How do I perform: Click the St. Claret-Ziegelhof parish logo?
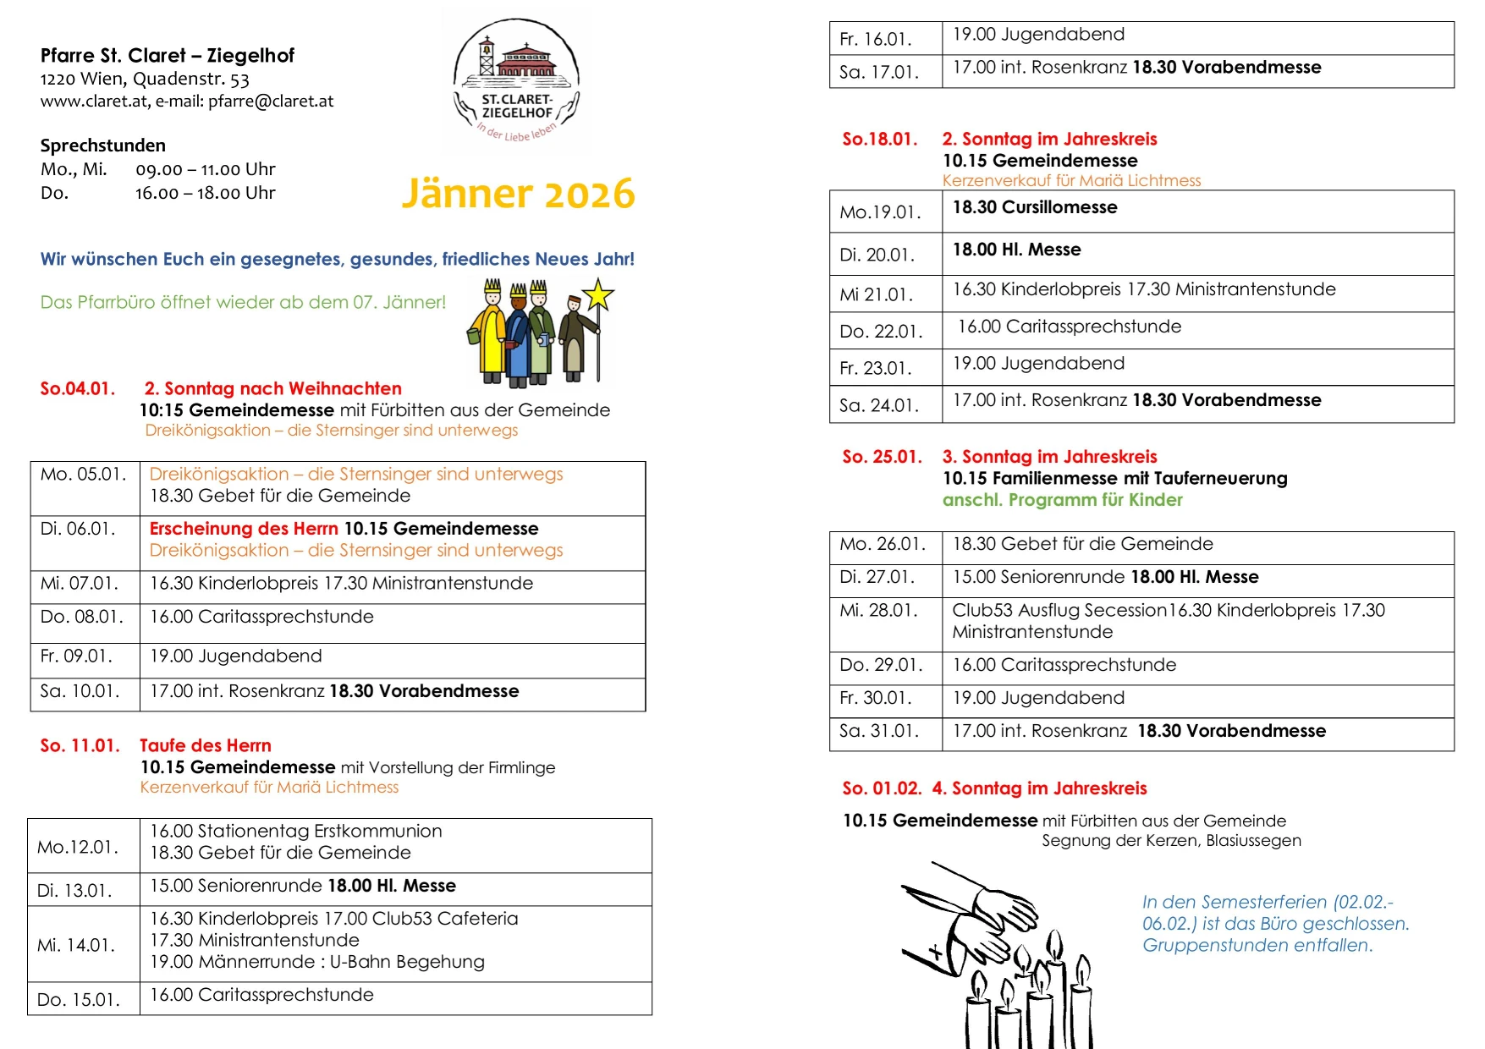(516, 80)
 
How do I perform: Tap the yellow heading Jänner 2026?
(518, 194)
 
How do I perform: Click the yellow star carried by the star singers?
(598, 294)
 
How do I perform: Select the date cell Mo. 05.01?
(84, 475)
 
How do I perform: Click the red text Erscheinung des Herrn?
(244, 529)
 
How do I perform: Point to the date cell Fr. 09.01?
(76, 656)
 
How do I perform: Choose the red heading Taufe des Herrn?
(206, 746)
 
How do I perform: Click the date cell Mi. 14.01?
(76, 945)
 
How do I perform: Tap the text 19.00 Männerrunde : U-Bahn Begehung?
(317, 963)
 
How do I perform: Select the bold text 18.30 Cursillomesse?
(1035, 208)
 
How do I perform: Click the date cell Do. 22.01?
(881, 332)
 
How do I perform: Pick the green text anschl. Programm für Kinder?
(1062, 500)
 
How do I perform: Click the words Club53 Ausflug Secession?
(1059, 611)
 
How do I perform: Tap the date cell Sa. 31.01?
(879, 731)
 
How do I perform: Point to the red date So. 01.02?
(881, 788)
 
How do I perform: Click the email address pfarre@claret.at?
(271, 102)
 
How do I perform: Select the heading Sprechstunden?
(103, 146)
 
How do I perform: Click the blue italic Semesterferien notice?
(1275, 924)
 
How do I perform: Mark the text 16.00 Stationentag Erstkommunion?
(296, 832)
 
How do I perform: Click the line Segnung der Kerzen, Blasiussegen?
(1171, 841)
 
